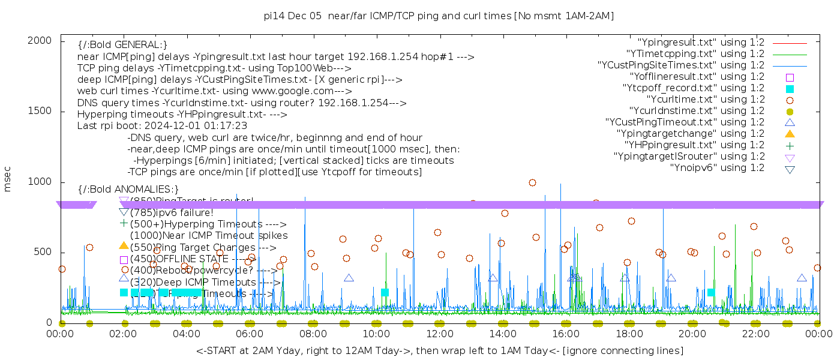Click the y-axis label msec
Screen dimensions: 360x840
[x=8, y=181]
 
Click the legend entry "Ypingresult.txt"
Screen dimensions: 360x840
[x=701, y=43]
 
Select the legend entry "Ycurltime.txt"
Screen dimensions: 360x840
[x=706, y=100]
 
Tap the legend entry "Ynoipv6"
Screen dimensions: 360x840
[x=717, y=168]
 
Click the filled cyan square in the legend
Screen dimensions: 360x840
[x=790, y=88]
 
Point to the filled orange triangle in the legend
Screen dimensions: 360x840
[x=790, y=133]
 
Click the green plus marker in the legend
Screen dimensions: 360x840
[x=790, y=145]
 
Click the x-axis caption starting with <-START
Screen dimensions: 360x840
[x=440, y=350]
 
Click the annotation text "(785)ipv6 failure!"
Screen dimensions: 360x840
[x=172, y=212]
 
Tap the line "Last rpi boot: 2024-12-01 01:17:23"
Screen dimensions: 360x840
[x=162, y=126]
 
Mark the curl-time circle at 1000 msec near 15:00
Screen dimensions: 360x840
[x=532, y=182]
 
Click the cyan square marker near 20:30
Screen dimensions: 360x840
[x=711, y=292]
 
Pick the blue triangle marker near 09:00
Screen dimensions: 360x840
[x=349, y=278]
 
